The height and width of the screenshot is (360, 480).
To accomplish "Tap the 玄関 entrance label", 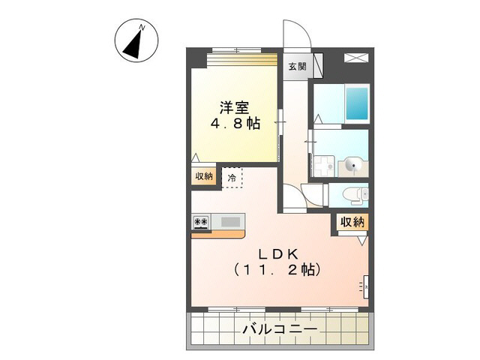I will pyautogui.click(x=296, y=66).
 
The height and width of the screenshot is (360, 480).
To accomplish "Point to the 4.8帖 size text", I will pyautogui.click(x=234, y=124).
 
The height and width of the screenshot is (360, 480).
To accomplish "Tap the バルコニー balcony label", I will pyautogui.click(x=280, y=329).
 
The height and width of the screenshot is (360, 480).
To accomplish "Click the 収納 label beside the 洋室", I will pyautogui.click(x=204, y=176).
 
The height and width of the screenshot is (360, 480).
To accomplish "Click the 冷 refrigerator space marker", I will pyautogui.click(x=232, y=178).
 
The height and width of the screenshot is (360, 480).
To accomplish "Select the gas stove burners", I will pyautogui.click(x=201, y=221).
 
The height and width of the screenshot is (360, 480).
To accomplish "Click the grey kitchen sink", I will pyautogui.click(x=230, y=221).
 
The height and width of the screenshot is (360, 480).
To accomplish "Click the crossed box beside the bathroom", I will pyautogui.click(x=355, y=58).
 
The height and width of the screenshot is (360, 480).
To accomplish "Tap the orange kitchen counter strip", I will pyautogui.click(x=217, y=233).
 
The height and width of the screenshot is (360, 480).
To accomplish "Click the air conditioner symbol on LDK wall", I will pyautogui.click(x=366, y=285).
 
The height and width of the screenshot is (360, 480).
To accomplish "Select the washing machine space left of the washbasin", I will pyautogui.click(x=325, y=166).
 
